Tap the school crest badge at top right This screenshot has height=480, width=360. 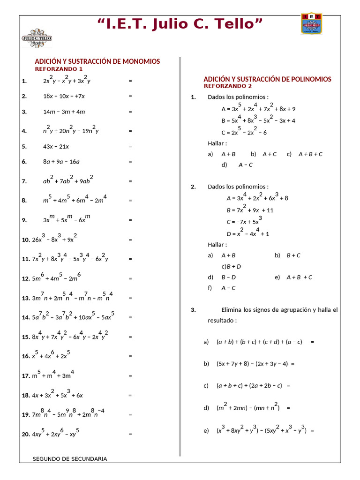pyautogui.click(x=311, y=24)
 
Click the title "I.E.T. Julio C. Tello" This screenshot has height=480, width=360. pyautogui.click(x=180, y=23)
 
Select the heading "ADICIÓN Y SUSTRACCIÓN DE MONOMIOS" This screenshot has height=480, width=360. pyautogui.click(x=97, y=61)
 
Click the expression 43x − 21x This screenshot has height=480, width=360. pyautogui.click(x=56, y=146)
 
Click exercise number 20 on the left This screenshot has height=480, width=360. pyautogui.click(x=26, y=435)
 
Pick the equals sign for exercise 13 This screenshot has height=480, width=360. pyautogui.click(x=130, y=298)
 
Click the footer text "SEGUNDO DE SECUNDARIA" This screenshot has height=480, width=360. pyautogui.click(x=70, y=459)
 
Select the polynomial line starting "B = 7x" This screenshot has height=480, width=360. pyautogui.click(x=250, y=210)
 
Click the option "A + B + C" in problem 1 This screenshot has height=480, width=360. pyautogui.click(x=310, y=154)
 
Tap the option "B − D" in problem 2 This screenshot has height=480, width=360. pyautogui.click(x=228, y=277)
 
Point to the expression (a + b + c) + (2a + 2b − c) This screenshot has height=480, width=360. pyautogui.click(x=249, y=386)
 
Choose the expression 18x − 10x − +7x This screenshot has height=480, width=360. pyautogui.click(x=64, y=96)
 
